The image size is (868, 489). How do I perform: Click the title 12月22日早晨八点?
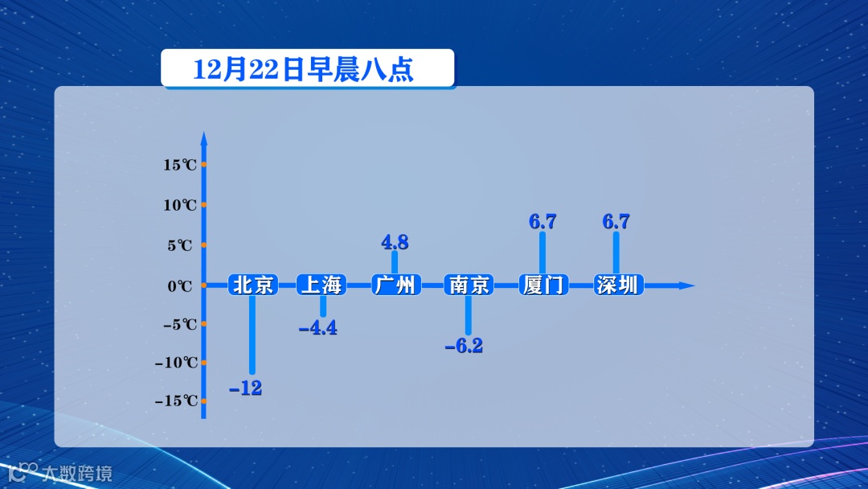[x=304, y=69]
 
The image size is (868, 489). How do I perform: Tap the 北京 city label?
[x=253, y=285]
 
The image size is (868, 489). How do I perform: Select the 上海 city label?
[x=321, y=285]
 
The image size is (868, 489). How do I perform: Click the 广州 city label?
[x=395, y=285]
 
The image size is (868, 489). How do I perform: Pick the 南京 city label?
[x=469, y=285]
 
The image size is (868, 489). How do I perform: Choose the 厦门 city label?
[x=543, y=285]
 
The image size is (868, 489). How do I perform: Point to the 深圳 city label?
[x=617, y=285]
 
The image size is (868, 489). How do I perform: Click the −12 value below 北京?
[x=246, y=388]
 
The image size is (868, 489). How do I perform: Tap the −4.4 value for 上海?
[x=317, y=328]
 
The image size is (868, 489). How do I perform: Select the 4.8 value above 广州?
[x=395, y=242]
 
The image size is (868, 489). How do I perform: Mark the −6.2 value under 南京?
[x=465, y=347]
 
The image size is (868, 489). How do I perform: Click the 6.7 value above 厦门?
[x=542, y=222]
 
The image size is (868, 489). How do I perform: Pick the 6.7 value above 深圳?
[x=616, y=222]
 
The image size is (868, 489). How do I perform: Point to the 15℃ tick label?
[x=180, y=165]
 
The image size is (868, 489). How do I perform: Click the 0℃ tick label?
[x=180, y=286]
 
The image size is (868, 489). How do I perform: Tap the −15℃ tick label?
[x=176, y=401]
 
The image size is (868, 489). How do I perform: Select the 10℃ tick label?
[x=180, y=205]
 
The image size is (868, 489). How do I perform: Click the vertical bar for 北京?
[x=252, y=334]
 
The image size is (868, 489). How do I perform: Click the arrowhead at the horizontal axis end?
[x=686, y=286]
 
